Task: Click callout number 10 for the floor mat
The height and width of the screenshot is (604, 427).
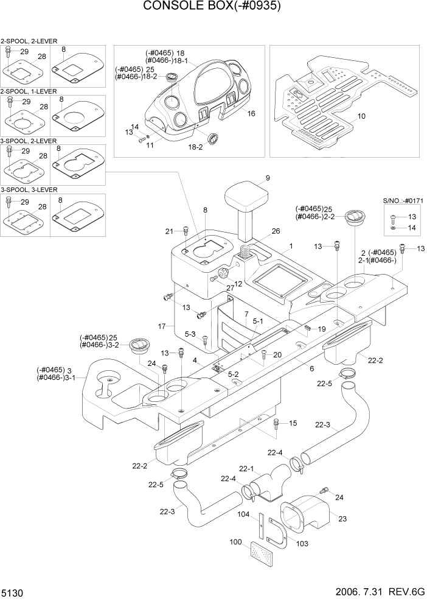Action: click(x=361, y=116)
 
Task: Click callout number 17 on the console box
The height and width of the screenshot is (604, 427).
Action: click(x=162, y=327)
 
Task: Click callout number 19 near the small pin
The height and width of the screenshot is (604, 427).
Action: click(x=322, y=329)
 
